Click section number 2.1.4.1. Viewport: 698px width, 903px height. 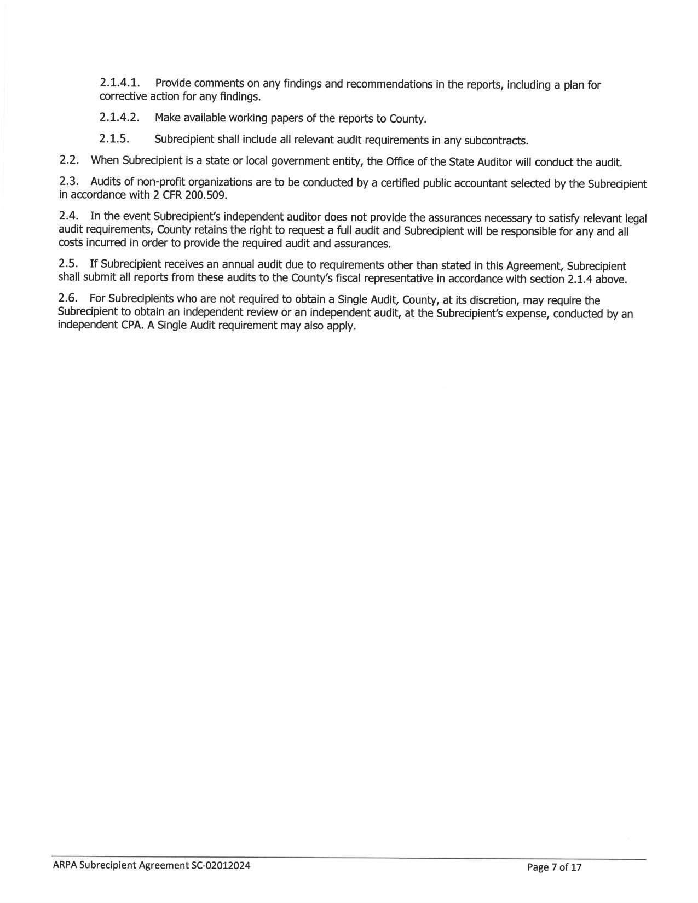point(120,84)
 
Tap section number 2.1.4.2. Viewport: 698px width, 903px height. point(120,118)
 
